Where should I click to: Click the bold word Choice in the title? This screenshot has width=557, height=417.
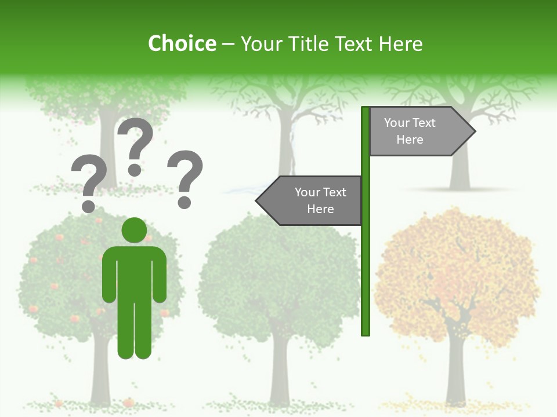pos(182,43)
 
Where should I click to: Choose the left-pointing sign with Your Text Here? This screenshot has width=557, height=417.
pos(313,200)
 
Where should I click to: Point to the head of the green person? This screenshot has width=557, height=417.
pos(135,230)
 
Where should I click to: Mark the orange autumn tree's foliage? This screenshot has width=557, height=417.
pos(458,261)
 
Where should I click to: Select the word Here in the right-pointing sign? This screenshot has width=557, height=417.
pos(410,140)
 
